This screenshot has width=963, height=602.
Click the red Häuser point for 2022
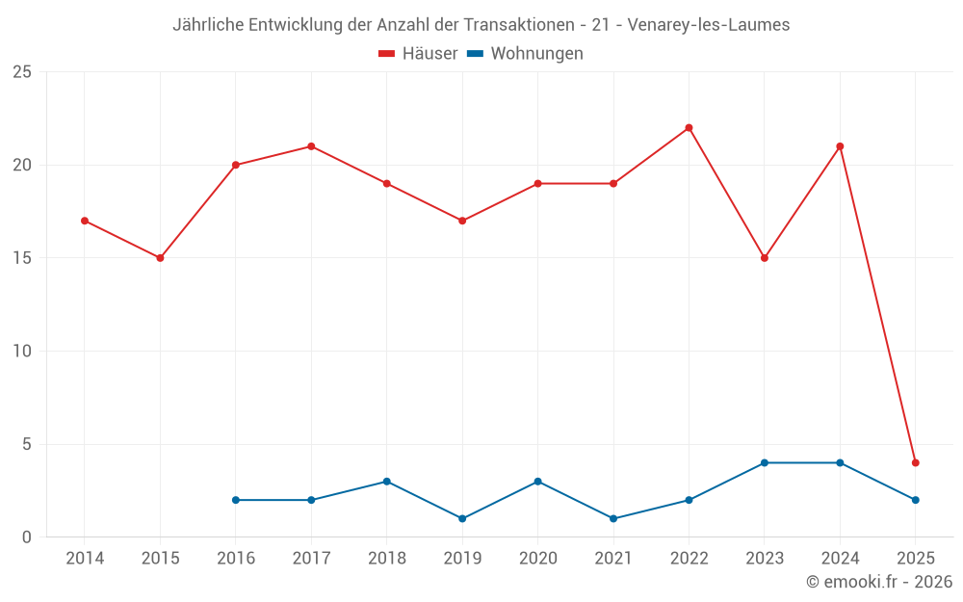(689, 128)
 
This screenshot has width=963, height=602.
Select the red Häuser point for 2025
(916, 462)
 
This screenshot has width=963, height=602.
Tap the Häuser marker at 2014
(85, 221)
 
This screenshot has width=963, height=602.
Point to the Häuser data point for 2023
(765, 258)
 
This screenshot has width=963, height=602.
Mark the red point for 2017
(311, 146)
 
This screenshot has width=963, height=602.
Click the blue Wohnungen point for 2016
(236, 500)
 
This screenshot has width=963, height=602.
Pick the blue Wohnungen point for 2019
(462, 518)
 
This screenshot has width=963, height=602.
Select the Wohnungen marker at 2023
(765, 462)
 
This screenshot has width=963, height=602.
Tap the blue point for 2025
(916, 500)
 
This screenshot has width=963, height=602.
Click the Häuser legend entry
(418, 54)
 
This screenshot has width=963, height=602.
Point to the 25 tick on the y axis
(22, 72)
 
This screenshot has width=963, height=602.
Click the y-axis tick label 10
(22, 352)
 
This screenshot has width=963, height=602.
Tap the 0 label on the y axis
(27, 537)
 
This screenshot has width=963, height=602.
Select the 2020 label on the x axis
(537, 559)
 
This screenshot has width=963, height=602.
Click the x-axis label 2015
(160, 559)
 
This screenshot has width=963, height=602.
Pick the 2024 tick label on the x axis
(840, 559)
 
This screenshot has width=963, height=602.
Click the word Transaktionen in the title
(509, 25)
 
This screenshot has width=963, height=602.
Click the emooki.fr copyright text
(879, 582)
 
